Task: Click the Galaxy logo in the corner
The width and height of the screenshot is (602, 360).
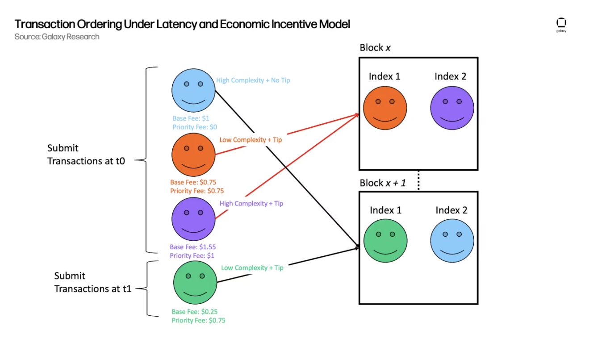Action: (x=561, y=25)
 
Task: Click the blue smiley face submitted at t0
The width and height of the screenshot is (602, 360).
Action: (x=194, y=90)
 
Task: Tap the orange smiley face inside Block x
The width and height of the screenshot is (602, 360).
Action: (x=385, y=108)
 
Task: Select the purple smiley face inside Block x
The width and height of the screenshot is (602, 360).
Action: (x=452, y=108)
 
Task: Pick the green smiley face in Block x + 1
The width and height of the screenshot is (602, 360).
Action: (x=385, y=241)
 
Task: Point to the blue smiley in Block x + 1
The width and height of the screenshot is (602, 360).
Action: (x=452, y=241)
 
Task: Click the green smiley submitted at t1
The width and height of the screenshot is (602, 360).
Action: (x=195, y=283)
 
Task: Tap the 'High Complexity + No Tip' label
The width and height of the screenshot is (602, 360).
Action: (x=253, y=80)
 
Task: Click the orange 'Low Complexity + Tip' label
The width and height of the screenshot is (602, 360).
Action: (x=251, y=140)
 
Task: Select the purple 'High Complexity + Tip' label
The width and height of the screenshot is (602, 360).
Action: (x=251, y=204)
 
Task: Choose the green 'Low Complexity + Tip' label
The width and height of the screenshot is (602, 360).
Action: (x=252, y=268)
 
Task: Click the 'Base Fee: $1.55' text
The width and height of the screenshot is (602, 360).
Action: (x=193, y=247)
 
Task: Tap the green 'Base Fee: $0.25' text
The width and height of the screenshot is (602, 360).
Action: (x=195, y=312)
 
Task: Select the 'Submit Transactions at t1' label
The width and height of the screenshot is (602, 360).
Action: (x=93, y=282)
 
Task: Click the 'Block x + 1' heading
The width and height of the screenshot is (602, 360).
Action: (x=383, y=183)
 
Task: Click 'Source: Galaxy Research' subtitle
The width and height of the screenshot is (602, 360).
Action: (x=57, y=37)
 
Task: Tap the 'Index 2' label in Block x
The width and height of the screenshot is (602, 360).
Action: (x=450, y=76)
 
